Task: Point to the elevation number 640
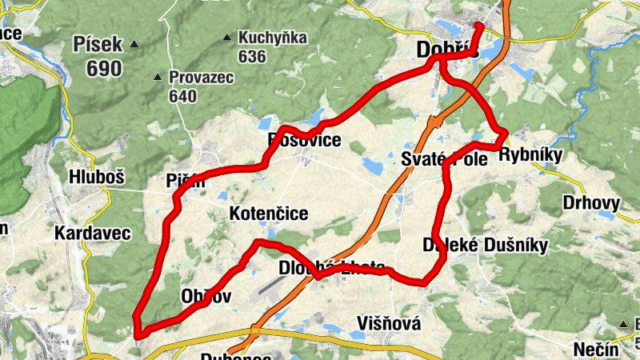[182, 96]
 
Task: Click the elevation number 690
[104, 68]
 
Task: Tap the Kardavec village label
[91, 233]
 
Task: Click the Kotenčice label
[269, 214]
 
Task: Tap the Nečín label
[597, 350]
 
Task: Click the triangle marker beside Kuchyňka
[230, 37]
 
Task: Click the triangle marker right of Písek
[134, 44]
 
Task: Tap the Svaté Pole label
[445, 158]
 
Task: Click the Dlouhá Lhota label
[333, 266]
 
